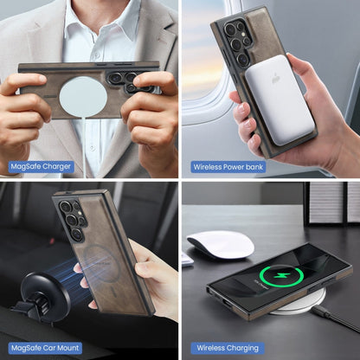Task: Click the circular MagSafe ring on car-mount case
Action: click(103, 260)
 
